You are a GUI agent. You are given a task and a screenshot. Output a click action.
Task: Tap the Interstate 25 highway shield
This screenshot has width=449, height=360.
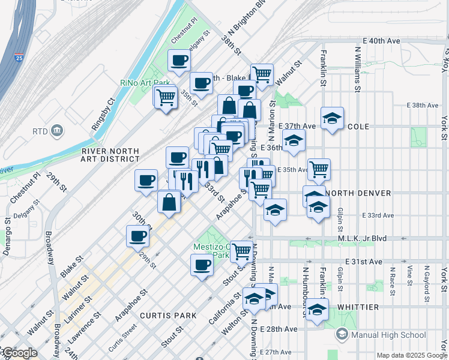coord(19,59)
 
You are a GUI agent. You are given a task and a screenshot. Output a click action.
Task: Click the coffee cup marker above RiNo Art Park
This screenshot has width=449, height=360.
coord(179,61)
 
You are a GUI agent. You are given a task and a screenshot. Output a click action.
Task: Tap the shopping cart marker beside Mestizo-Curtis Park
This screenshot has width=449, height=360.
coord(242,251)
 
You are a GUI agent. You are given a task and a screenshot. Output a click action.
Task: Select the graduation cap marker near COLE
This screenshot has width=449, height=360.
coord(331,118)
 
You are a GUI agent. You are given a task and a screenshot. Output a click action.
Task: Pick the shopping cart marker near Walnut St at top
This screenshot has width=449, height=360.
coord(262,74)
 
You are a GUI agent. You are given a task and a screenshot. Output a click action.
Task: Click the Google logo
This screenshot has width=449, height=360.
coord(19,353)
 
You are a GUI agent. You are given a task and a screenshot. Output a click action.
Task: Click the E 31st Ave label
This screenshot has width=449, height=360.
coord(367,262)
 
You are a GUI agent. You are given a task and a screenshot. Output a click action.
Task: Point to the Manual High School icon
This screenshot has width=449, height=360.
coord(342,334)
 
